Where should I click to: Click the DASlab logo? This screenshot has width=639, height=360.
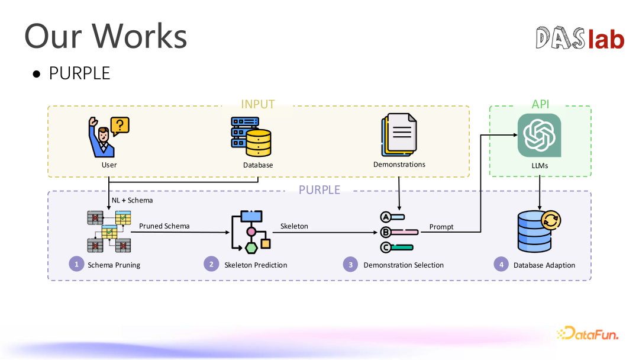click(580, 38)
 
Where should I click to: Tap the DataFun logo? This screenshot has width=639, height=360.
click(588, 333)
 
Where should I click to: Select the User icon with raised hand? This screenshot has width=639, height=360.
click(102, 137)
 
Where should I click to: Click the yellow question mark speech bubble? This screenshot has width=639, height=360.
click(120, 126)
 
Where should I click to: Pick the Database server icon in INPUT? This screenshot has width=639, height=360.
click(251, 137)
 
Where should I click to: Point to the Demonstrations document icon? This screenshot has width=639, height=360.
click(399, 135)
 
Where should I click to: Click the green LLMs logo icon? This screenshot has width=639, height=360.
click(539, 136)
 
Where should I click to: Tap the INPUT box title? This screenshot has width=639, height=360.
click(258, 104)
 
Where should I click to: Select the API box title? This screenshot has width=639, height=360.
click(540, 104)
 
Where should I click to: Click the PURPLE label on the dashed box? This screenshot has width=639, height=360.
click(319, 190)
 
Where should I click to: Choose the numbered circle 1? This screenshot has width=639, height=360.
click(76, 263)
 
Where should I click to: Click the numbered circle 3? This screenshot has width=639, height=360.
click(350, 264)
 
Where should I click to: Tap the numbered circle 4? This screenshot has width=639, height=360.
click(501, 264)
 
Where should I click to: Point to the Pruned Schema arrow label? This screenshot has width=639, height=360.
click(164, 226)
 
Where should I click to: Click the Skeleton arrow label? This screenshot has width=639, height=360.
click(294, 226)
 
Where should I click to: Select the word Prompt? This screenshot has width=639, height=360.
click(441, 227)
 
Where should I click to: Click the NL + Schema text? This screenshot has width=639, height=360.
click(133, 200)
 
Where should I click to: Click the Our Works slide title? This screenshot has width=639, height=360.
click(106, 36)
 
